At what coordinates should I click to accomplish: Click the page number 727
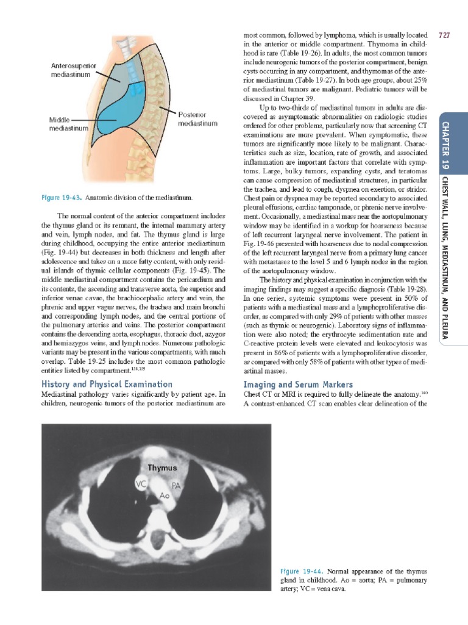pyautogui.click(x=444, y=35)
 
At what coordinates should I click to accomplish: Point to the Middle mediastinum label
pyautogui.click(x=68, y=125)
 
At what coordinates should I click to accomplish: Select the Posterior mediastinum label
pyautogui.click(x=197, y=119)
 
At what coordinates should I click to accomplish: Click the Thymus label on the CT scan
pyautogui.click(x=161, y=468)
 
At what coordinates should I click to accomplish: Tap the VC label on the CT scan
pyautogui.click(x=140, y=486)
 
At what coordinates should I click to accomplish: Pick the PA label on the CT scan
pyautogui.click(x=176, y=486)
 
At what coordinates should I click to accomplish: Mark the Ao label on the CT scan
pyautogui.click(x=164, y=496)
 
